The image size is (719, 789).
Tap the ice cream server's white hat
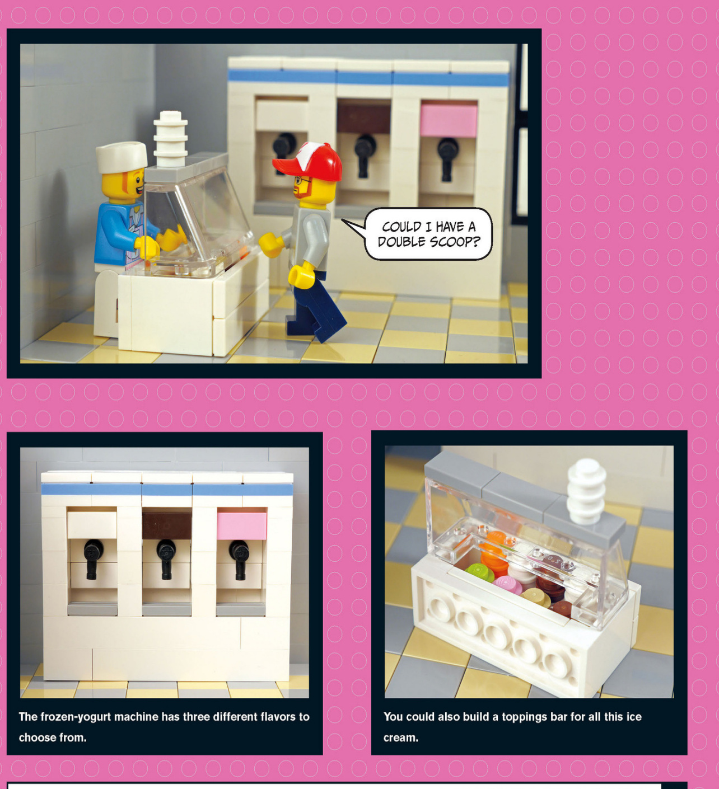[122, 157]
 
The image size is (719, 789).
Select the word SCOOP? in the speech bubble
[455, 242]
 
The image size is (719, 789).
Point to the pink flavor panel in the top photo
[449, 119]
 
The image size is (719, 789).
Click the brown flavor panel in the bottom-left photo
[167, 525]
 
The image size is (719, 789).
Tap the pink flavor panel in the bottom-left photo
[242, 525]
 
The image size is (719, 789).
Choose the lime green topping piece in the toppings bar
[479, 571]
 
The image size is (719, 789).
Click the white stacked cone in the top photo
[170, 138]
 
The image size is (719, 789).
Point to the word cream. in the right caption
[400, 738]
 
